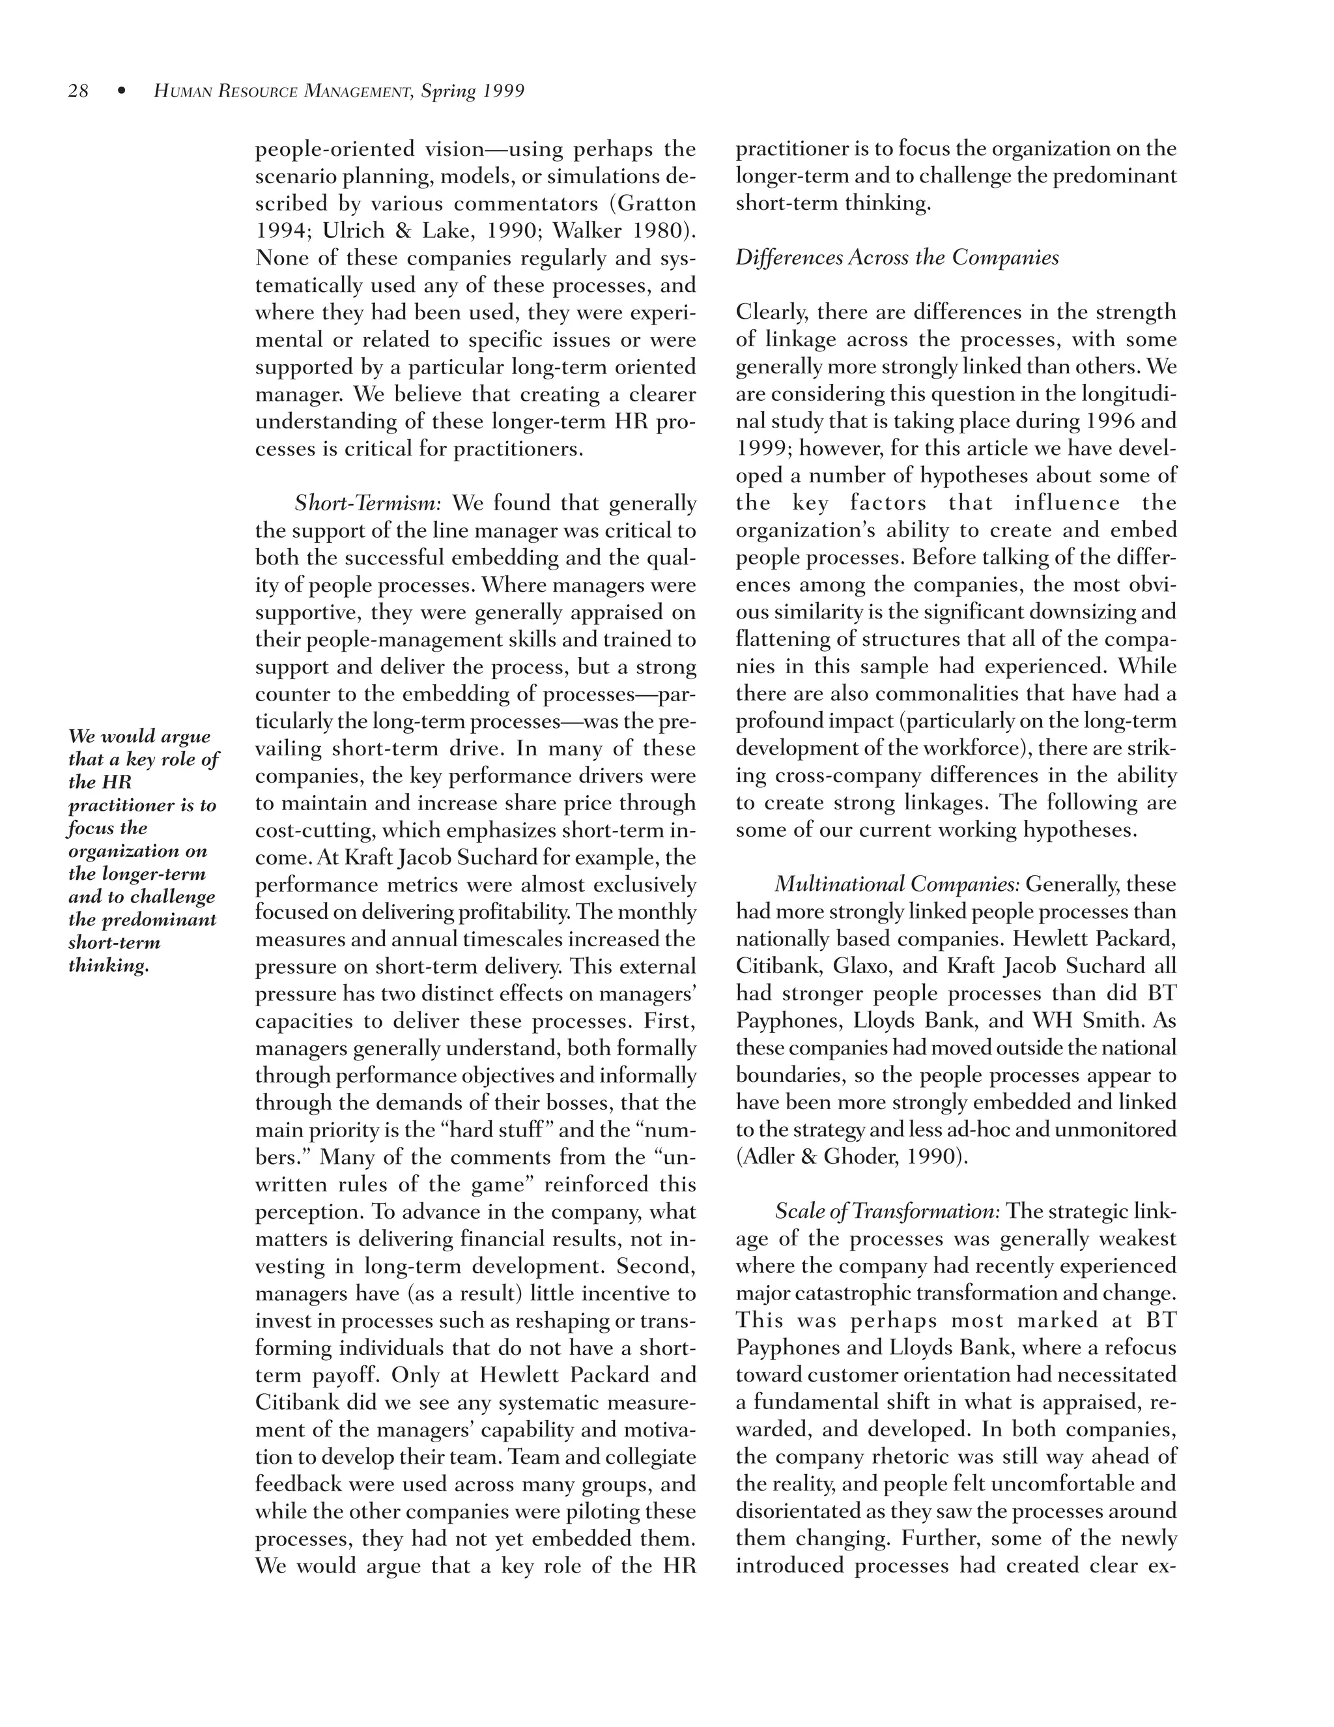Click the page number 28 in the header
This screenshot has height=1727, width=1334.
point(78,92)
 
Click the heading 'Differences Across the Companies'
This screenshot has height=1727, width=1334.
point(897,258)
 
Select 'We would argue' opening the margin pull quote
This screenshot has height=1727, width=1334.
point(139,736)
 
